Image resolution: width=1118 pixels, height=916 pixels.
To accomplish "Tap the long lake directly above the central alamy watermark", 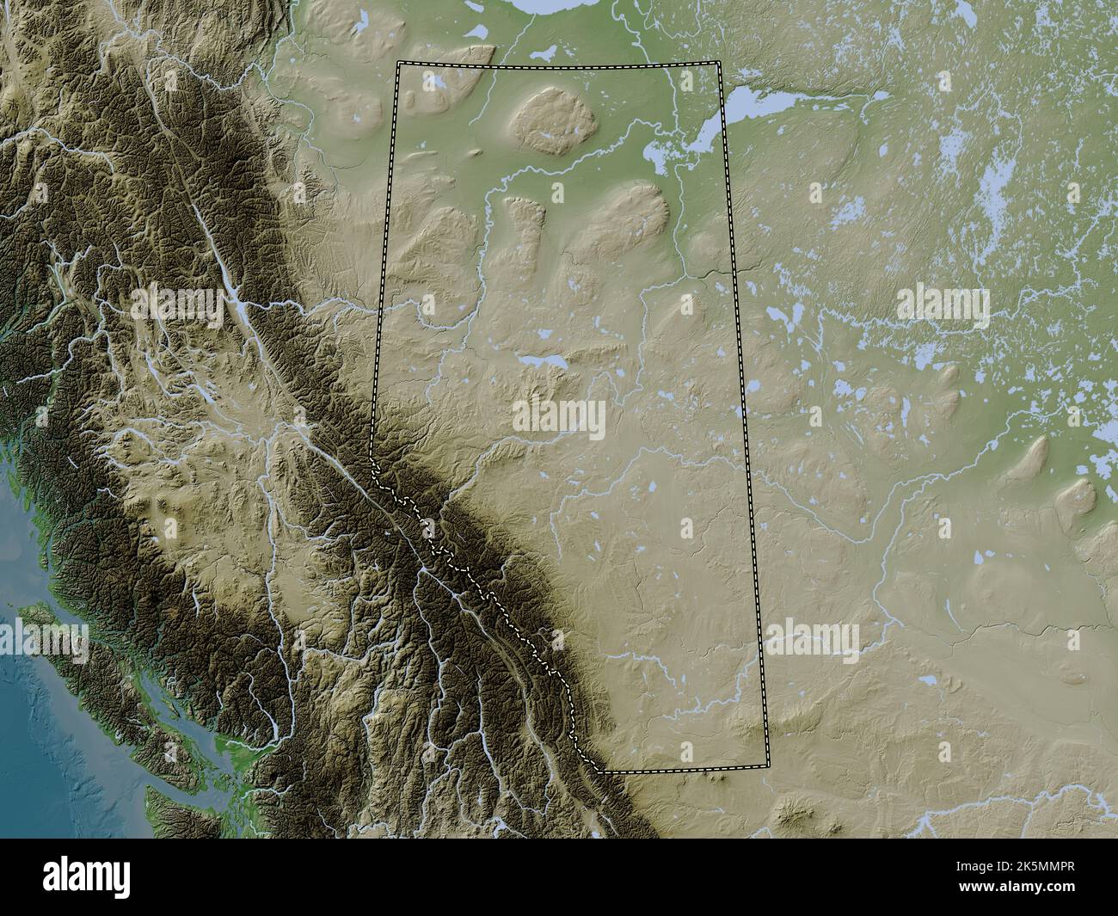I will tap(542, 360).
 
